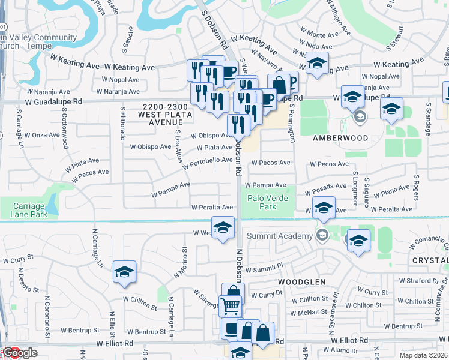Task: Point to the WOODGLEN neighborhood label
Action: click(x=301, y=281)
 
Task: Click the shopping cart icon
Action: click(x=230, y=306)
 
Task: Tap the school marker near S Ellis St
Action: click(x=125, y=272)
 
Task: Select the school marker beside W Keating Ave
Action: click(x=316, y=63)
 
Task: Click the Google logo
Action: click(x=20, y=353)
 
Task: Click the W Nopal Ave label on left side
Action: click(x=121, y=79)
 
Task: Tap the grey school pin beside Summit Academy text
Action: click(x=322, y=235)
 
